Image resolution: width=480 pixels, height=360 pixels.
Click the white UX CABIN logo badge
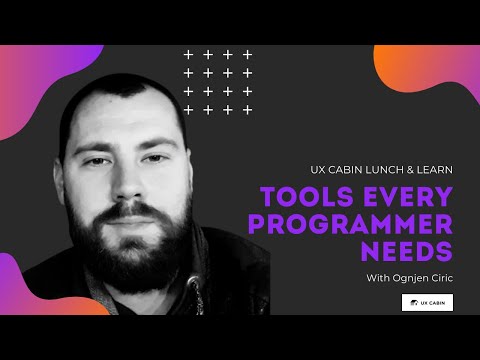click(x=426, y=301)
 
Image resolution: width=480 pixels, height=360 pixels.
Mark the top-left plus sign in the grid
click(x=187, y=54)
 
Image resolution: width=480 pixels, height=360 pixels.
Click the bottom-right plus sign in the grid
click(x=247, y=109)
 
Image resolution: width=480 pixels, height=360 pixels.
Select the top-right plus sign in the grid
click(x=247, y=54)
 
